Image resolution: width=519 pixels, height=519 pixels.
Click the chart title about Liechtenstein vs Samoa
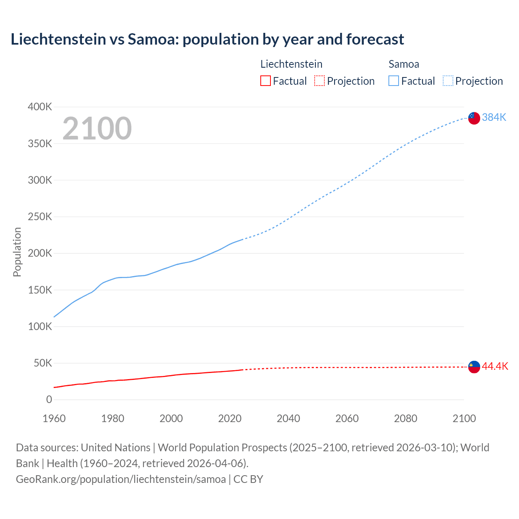(207, 39)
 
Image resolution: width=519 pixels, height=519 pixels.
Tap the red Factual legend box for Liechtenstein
(265, 81)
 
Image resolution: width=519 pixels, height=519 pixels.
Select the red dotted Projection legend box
(320, 81)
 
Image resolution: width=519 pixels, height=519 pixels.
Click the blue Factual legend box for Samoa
(393, 81)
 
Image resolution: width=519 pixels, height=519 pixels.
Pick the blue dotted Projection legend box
(448, 81)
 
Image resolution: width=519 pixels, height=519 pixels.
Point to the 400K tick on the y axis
(40, 107)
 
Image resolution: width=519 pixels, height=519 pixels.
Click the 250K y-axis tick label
(40, 217)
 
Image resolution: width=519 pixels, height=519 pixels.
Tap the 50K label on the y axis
(43, 363)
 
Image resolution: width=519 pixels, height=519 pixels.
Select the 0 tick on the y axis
(49, 400)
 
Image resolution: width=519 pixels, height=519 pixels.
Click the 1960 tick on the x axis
(54, 418)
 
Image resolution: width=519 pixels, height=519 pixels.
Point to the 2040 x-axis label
(288, 418)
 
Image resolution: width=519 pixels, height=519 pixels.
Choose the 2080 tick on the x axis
(405, 418)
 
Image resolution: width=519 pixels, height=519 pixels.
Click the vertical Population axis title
(17, 252)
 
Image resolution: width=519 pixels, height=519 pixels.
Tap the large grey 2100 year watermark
(97, 129)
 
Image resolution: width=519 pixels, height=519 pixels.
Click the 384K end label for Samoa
(494, 118)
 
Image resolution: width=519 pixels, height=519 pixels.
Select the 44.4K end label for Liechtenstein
(495, 367)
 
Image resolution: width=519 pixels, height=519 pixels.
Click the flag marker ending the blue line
(474, 118)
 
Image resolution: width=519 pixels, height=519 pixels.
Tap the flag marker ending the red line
(474, 367)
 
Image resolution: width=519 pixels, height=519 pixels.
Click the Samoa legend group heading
(403, 64)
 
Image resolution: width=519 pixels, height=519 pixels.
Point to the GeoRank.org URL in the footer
(121, 479)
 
